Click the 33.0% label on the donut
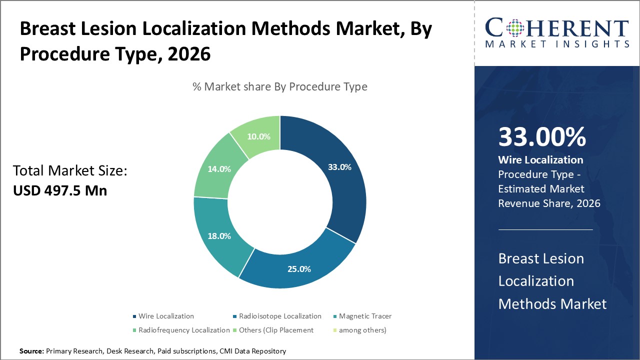pos(339,167)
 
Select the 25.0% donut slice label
pos(299,269)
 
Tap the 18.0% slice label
pos(218,236)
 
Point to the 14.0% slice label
pos(218,169)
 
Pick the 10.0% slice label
pos(258,136)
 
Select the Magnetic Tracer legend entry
pos(365,316)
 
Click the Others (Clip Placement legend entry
pos(276,330)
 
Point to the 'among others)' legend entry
pos(362,330)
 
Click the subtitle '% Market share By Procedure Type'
pos(280,86)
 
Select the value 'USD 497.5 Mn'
pos(60,190)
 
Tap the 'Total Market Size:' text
pos(70,171)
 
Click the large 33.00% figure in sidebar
pos(542,137)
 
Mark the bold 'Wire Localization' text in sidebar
pos(540,160)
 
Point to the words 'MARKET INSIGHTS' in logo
pos(556,44)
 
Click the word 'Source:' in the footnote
pos(31,351)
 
